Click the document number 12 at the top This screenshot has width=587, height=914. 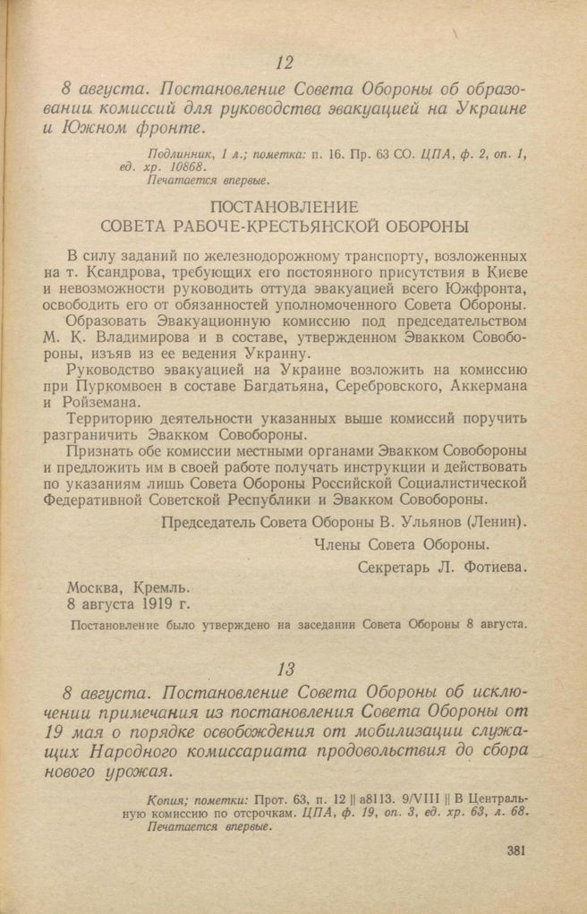tap(285, 63)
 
